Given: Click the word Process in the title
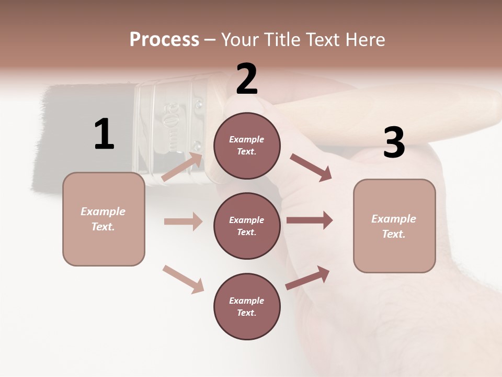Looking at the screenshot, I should tap(164, 40).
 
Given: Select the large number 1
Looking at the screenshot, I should tap(104, 134).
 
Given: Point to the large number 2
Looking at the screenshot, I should tap(247, 80).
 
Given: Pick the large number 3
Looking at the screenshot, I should tap(394, 142).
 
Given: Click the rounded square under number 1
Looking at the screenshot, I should tap(104, 219).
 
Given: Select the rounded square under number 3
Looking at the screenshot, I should tap(394, 226).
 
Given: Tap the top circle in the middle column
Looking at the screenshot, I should tap(247, 146).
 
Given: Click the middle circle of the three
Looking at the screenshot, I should tap(247, 226).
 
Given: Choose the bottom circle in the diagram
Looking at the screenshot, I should tap(247, 306).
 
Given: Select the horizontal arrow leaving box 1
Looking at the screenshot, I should tap(183, 221).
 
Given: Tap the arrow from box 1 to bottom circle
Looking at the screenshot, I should tap(183, 279).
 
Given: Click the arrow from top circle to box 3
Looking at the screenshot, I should tap(311, 168).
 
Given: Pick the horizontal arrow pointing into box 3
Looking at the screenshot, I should tap(310, 220).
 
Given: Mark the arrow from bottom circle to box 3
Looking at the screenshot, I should tap(307, 278).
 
